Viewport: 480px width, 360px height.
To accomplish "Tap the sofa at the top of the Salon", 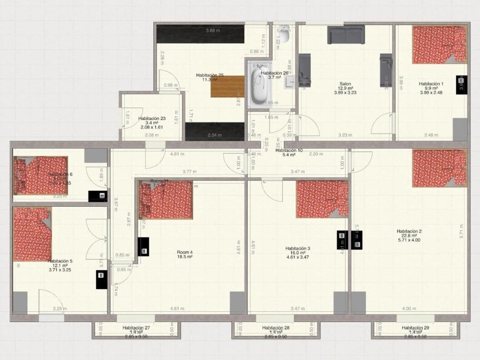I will [x=346, y=35].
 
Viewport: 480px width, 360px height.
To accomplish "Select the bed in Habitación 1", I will [x=439, y=44].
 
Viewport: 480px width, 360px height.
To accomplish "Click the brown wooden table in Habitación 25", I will [x=227, y=87].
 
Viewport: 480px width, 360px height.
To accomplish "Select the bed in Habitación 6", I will [x=40, y=175].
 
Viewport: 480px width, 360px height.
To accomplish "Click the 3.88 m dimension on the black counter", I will [x=213, y=31].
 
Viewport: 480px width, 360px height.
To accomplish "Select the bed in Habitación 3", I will [x=322, y=199].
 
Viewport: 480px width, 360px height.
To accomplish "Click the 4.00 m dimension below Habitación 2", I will [x=409, y=308].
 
